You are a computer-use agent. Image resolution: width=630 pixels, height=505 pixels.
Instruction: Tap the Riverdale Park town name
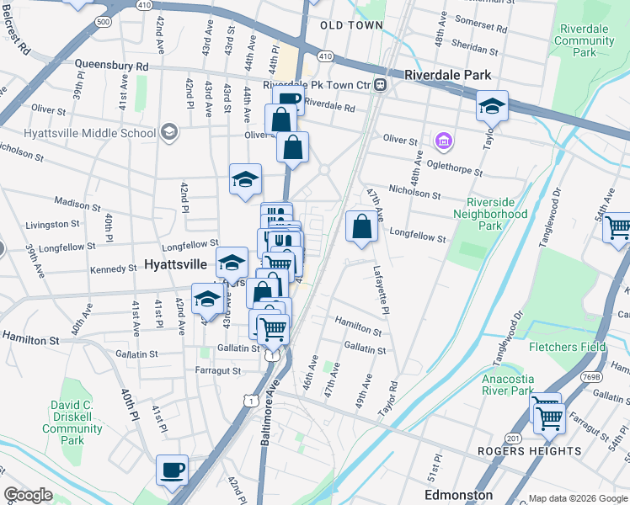pyautogui.click(x=447, y=75)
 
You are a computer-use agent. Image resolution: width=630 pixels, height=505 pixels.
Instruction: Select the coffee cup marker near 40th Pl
pyautogui.click(x=173, y=470)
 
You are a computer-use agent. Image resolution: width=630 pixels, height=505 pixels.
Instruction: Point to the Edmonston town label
pyautogui.click(x=459, y=495)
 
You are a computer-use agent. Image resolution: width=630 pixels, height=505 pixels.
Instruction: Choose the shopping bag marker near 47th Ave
pyautogui.click(x=361, y=226)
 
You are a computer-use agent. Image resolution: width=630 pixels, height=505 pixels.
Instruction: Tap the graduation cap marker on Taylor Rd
pyautogui.click(x=492, y=106)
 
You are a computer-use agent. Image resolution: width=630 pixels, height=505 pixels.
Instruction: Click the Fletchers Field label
pyautogui.click(x=567, y=347)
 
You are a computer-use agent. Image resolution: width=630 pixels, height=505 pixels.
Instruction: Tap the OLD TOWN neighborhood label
pyautogui.click(x=351, y=25)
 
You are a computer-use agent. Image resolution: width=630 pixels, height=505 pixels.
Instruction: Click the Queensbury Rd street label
pyautogui.click(x=111, y=64)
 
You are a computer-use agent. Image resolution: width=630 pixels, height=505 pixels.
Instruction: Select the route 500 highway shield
pyautogui.click(x=103, y=21)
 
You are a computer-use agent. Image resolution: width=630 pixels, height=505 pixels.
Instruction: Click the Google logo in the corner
pyautogui.click(x=29, y=496)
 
